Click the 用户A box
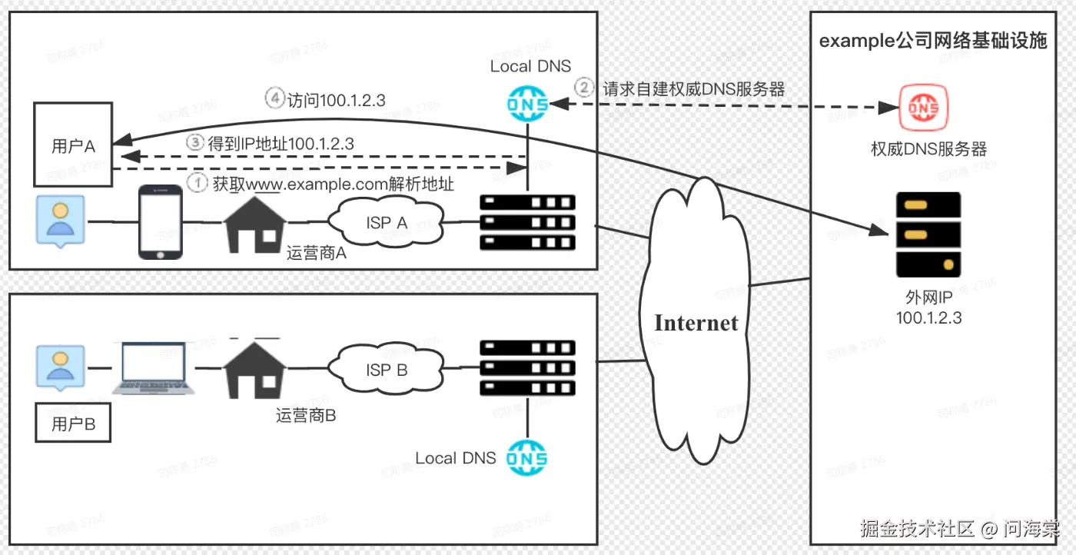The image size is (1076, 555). point(72,145)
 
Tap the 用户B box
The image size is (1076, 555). point(73,424)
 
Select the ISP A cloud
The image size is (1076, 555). point(387,222)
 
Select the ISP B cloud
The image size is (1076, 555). point(387,369)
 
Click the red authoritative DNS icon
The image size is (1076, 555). point(924,108)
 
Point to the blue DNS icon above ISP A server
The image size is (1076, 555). point(528,103)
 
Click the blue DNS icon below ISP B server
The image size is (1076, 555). point(528,458)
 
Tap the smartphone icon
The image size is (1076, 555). point(160,222)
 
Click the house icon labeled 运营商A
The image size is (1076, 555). point(254,221)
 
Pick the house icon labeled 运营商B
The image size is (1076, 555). point(254,368)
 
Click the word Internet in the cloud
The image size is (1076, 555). point(696,323)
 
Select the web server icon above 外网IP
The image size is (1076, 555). point(928,234)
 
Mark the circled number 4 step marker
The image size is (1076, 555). point(274,99)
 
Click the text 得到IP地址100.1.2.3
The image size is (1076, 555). point(281,143)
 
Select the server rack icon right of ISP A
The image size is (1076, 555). point(527,222)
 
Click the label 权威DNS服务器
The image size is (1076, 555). point(928,149)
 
